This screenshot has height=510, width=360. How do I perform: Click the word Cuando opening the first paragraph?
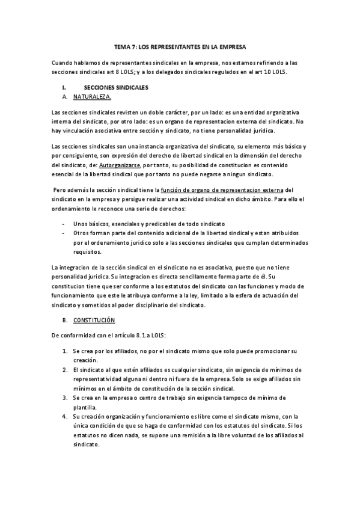click(62, 62)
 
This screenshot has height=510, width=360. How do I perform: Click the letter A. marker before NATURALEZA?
click(64, 96)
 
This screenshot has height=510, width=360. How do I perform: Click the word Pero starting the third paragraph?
click(61, 190)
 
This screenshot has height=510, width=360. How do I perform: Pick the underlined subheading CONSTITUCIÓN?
click(94, 320)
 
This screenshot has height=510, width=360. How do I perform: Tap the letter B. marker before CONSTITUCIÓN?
click(64, 320)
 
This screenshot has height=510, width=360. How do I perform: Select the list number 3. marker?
click(65, 398)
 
